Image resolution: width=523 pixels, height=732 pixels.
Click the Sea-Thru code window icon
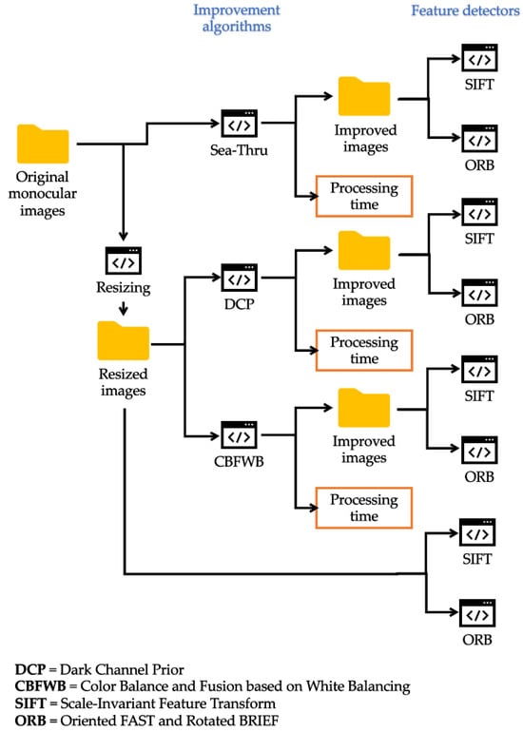[239, 124]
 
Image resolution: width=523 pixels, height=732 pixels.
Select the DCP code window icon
[239, 278]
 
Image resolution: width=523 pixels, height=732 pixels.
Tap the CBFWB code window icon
[239, 435]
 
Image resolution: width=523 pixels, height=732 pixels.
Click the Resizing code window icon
[124, 261]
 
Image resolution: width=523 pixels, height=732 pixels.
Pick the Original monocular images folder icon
[43, 144]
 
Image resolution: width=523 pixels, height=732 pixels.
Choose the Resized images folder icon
[124, 340]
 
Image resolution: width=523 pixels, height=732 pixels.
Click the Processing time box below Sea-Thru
[364, 196]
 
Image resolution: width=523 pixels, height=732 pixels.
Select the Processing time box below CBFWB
[364, 508]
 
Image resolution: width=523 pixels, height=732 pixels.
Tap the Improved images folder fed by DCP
[364, 251]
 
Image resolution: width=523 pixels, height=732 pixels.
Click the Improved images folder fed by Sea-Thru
[364, 96]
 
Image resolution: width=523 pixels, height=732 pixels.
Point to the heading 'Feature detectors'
[465, 10]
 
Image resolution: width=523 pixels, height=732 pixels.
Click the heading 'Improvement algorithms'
[237, 18]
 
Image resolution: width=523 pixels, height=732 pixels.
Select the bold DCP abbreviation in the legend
[30, 669]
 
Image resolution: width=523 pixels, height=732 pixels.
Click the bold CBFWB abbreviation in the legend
[40, 686]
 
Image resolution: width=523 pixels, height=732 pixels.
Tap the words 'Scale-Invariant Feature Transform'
[168, 703]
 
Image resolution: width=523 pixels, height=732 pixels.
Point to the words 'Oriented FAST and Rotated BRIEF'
[169, 721]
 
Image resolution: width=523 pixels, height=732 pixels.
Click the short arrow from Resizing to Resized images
[124, 309]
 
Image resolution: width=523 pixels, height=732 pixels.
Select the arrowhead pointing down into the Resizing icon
[124, 236]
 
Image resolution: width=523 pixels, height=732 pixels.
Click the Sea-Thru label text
[239, 150]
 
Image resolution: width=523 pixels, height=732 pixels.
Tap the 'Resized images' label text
[124, 382]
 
